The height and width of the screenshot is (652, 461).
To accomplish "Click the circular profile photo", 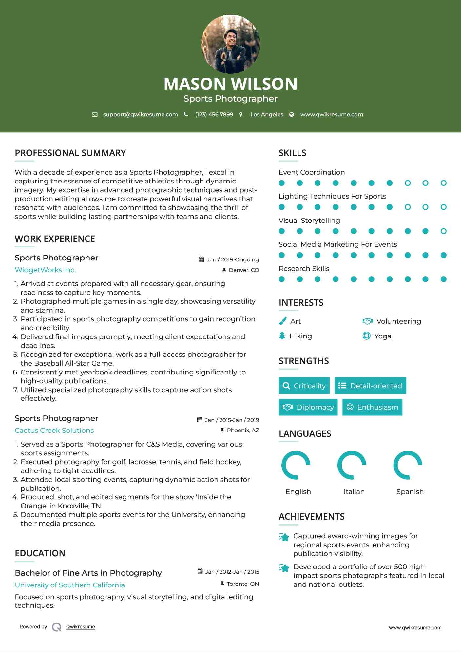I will pos(230,44).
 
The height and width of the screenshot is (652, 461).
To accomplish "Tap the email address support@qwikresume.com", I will pos(140,115).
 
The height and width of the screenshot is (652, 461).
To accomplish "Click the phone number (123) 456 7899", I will pos(214,115).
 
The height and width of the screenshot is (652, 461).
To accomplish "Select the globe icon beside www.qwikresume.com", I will pos(292,115).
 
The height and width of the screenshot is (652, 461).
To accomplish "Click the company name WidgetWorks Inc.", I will pos(45,270).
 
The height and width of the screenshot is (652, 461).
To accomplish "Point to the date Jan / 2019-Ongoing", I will pos(232,259).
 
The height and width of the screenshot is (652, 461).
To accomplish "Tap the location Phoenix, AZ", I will pos(243,430).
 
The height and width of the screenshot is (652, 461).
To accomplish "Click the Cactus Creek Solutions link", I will pos(54,431).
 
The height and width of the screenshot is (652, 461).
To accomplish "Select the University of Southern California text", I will pos(70,585).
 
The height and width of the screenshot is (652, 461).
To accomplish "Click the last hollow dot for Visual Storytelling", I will pos(443,231).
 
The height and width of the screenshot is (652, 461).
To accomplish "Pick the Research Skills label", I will pos(304,269).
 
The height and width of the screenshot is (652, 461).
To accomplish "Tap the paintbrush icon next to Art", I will pos(282,321).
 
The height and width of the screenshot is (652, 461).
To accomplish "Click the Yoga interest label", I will pos(383,336).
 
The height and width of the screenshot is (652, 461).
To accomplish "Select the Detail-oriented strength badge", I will pos(370,386).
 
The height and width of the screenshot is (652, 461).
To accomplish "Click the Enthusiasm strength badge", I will pos(372,407).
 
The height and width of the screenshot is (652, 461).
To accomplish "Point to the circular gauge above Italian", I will pos(352,465).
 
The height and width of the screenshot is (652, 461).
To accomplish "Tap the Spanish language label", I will pos(410,492).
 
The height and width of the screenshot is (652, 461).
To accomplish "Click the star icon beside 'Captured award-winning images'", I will pos(284,537).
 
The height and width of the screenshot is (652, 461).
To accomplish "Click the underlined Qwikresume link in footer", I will pos(81,627).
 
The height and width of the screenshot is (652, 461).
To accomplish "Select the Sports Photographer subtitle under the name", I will pos(230,99).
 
